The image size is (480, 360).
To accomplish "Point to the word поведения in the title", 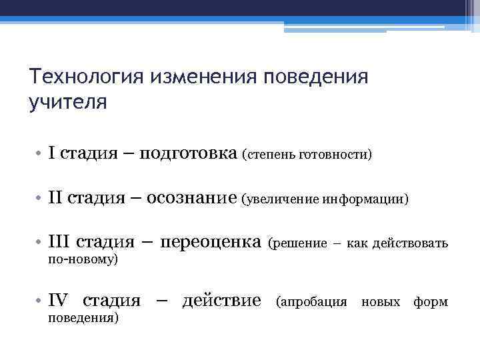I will click(x=317, y=77).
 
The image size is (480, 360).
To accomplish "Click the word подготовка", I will click(x=194, y=155).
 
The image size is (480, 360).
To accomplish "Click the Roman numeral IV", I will click(x=59, y=301).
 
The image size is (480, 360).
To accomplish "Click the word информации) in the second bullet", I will click(x=366, y=199).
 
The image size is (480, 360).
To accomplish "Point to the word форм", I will click(x=431, y=302).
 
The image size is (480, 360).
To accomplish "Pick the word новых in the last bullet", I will click(x=380, y=302).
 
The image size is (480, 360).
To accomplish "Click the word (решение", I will click(x=297, y=243).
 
